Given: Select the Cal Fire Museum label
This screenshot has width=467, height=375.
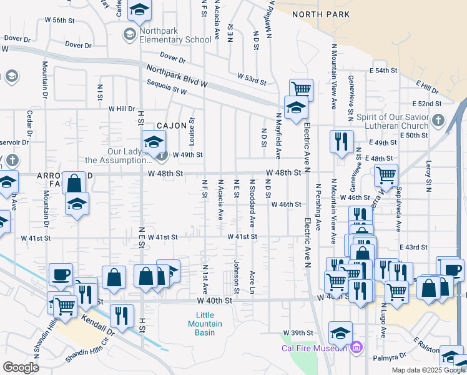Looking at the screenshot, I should [314, 348].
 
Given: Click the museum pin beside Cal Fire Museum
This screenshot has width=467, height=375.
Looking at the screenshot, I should [356, 346].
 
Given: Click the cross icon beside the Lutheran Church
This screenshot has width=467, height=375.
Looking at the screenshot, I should [438, 119].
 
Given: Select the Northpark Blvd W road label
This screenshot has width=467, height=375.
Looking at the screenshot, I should [177, 76].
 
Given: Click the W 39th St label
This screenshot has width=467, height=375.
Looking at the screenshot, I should [297, 332].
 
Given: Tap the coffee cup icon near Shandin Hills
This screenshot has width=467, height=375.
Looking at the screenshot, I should [61, 274].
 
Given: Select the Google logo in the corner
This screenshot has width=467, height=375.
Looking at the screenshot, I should [21, 367].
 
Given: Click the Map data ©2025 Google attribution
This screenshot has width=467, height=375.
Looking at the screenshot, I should [428, 370].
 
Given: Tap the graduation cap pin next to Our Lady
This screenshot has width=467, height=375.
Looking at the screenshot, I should [153, 142].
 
